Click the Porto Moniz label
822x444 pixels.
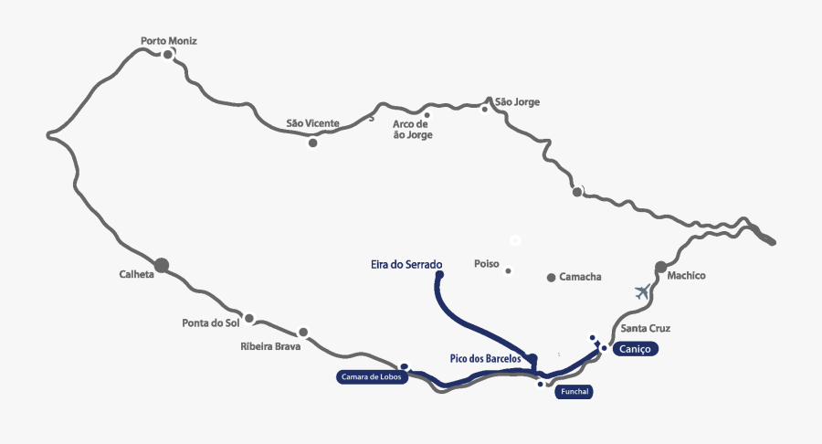(169, 41)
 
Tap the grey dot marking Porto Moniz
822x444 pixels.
(168, 55)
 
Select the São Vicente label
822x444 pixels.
(312, 123)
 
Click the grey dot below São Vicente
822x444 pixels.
(313, 143)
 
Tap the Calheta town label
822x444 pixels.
(136, 274)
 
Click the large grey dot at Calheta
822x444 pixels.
(162, 265)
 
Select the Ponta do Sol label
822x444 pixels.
(209, 322)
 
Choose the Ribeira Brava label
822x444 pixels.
(270, 346)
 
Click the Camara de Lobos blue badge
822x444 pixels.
(369, 376)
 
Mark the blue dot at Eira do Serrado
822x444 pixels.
(439, 274)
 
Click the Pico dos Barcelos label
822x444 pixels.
(485, 359)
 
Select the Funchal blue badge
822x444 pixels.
(574, 391)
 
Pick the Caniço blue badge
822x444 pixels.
(635, 349)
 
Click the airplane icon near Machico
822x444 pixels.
(644, 292)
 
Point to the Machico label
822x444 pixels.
(686, 275)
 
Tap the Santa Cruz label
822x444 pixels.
(646, 328)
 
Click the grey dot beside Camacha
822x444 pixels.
(551, 277)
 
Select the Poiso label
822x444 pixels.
(487, 264)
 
